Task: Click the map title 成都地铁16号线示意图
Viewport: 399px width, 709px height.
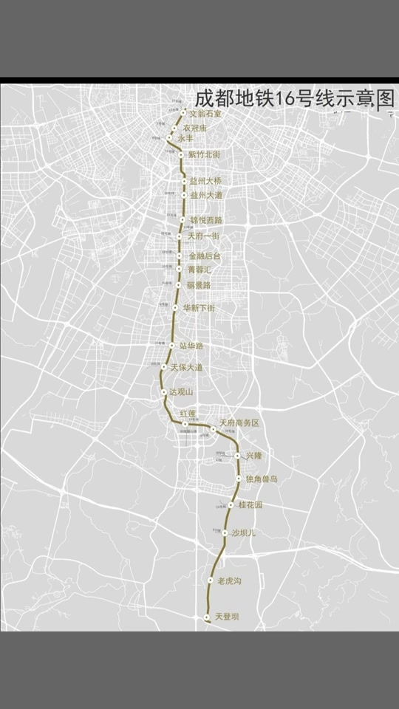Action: [x=295, y=100]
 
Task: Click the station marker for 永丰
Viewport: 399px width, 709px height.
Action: [x=170, y=138]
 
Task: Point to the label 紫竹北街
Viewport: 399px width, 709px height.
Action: [x=205, y=154]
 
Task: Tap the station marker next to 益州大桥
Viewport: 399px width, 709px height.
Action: [x=184, y=181]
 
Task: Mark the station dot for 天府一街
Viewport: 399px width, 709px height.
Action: [x=180, y=236]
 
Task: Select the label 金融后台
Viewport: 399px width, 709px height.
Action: [x=205, y=256]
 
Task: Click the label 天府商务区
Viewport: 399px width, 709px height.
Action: [x=239, y=422]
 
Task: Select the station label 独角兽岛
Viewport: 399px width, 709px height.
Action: [x=262, y=479]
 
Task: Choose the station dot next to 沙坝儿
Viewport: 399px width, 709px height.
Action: [x=225, y=532]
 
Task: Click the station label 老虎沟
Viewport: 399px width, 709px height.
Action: [x=230, y=581]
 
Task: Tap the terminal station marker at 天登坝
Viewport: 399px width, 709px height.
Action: [x=207, y=616]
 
